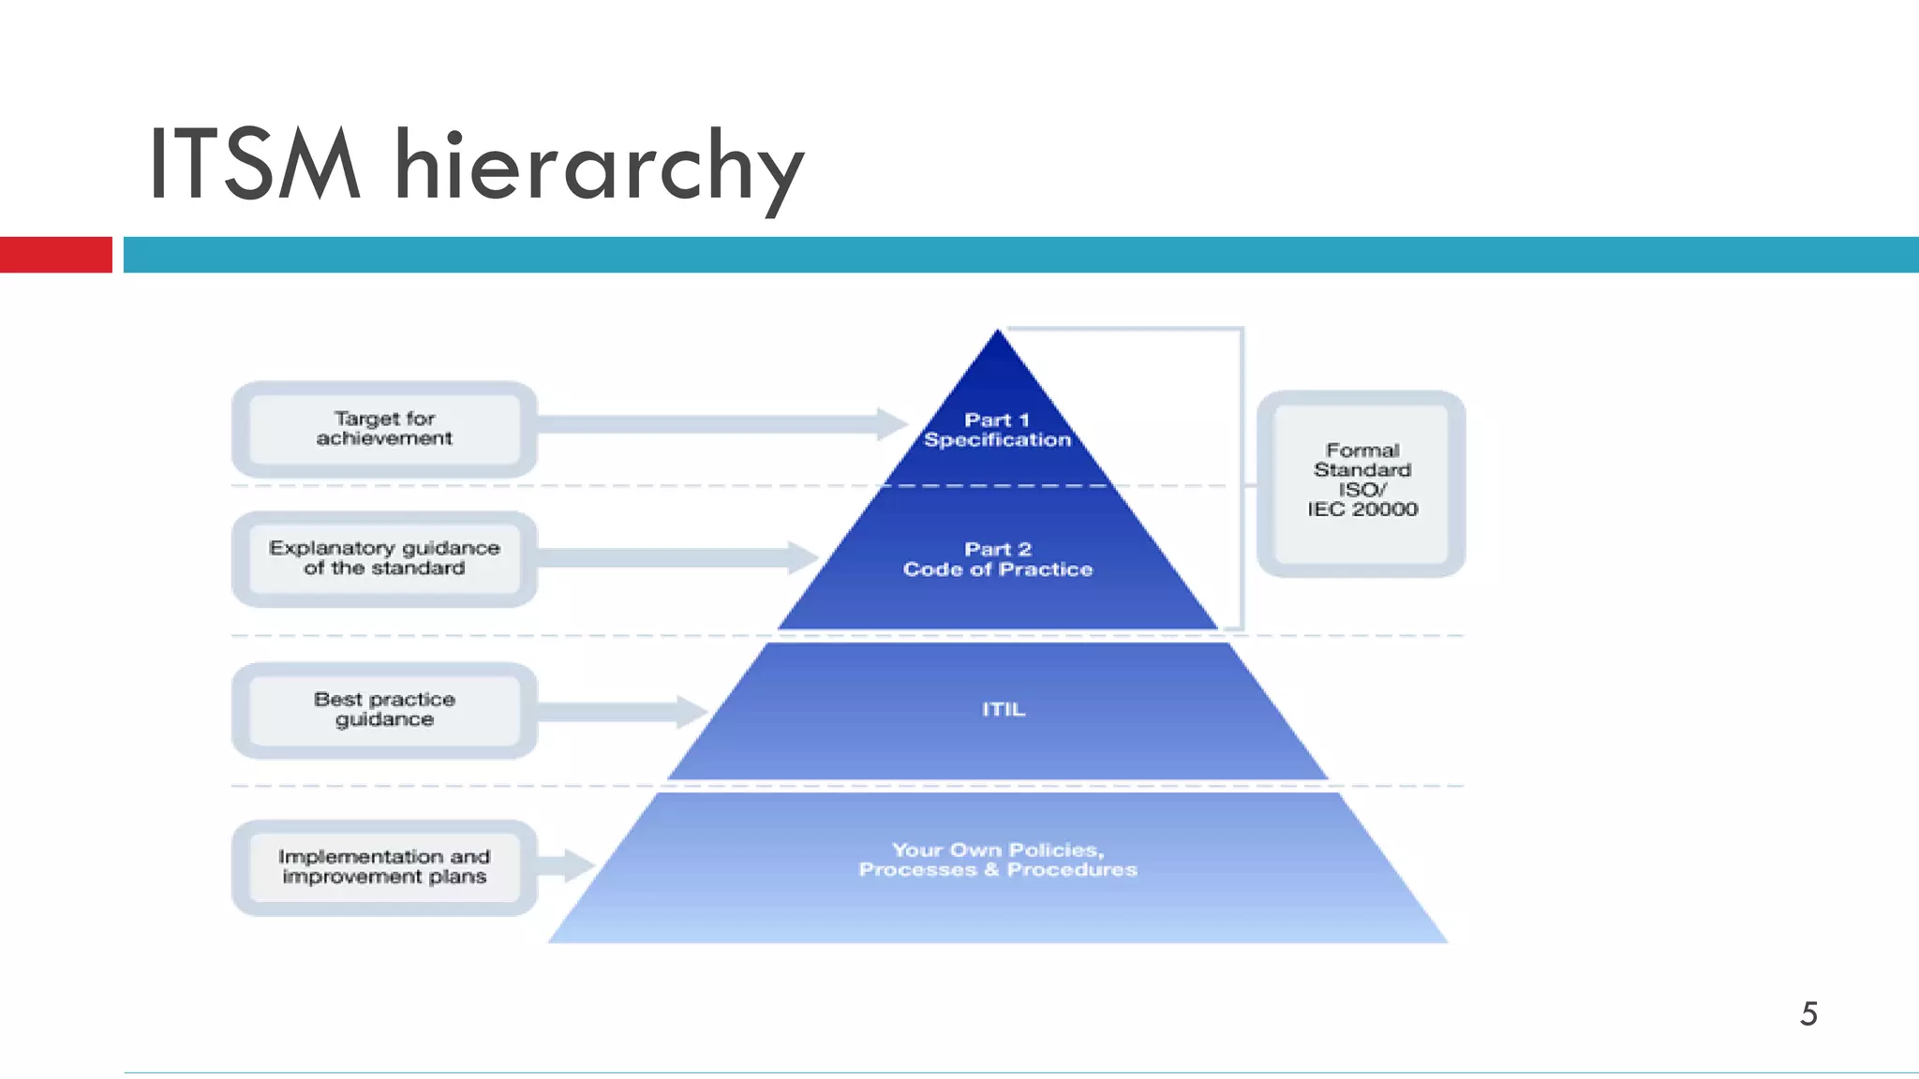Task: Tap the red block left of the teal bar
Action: point(56,255)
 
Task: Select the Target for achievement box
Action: point(384,429)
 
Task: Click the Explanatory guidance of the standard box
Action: point(384,558)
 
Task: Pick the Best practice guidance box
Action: point(384,709)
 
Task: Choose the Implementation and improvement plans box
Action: point(384,866)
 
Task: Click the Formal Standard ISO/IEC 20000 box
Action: point(1361,481)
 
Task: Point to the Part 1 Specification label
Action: point(997,430)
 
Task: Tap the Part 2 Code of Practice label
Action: point(997,559)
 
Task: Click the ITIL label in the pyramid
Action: point(1004,709)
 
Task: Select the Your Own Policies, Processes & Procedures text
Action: point(998,860)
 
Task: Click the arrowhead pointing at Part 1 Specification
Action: point(890,423)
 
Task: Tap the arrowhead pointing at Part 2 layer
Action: point(801,557)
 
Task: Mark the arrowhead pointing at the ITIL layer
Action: point(692,711)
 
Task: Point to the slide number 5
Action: point(1808,1013)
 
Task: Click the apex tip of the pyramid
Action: point(997,333)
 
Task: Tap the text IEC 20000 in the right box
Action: point(1362,510)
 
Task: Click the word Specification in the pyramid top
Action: point(997,440)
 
